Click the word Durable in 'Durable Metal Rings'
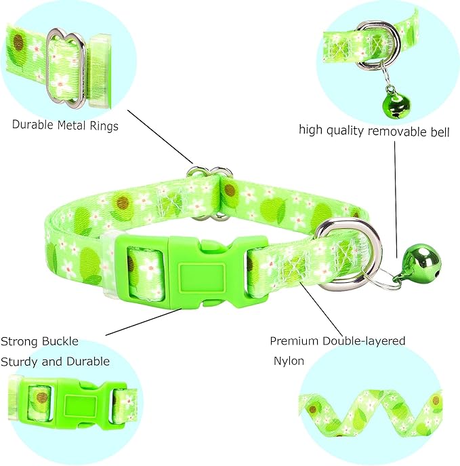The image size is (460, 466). [x=35, y=125]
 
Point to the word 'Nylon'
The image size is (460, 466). [x=289, y=361]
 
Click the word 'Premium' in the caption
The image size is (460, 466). [x=294, y=341]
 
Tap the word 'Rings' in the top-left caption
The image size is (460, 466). [x=104, y=125]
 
